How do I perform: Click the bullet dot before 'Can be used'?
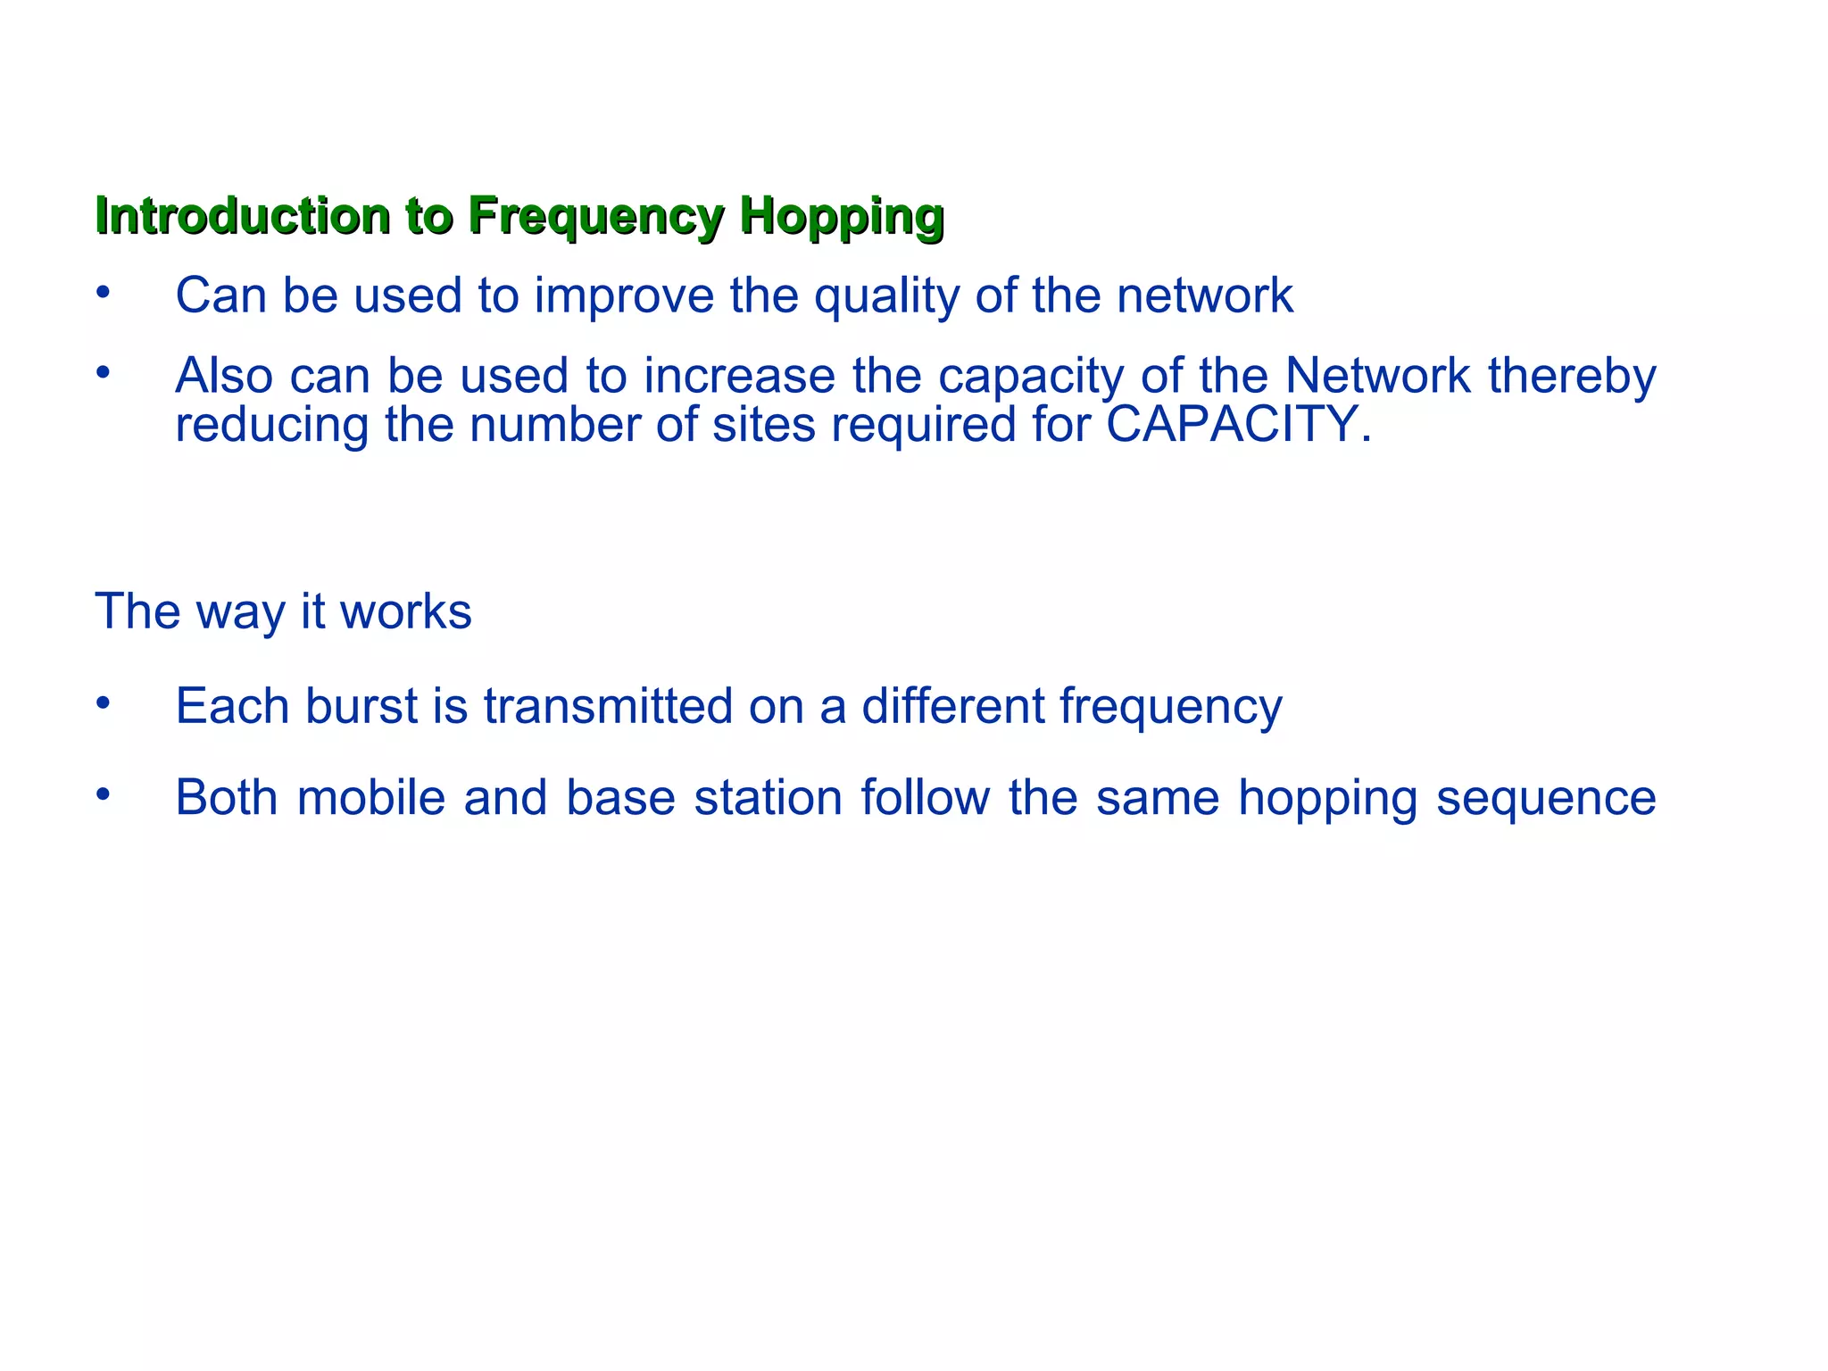point(104,292)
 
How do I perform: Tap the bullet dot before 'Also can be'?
point(104,371)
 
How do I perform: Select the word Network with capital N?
point(1377,376)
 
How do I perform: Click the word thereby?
point(1572,376)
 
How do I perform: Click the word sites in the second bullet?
point(763,424)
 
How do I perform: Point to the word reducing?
point(271,424)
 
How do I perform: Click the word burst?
point(361,706)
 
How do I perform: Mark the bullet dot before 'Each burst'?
point(104,702)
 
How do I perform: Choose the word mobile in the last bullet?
point(370,797)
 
